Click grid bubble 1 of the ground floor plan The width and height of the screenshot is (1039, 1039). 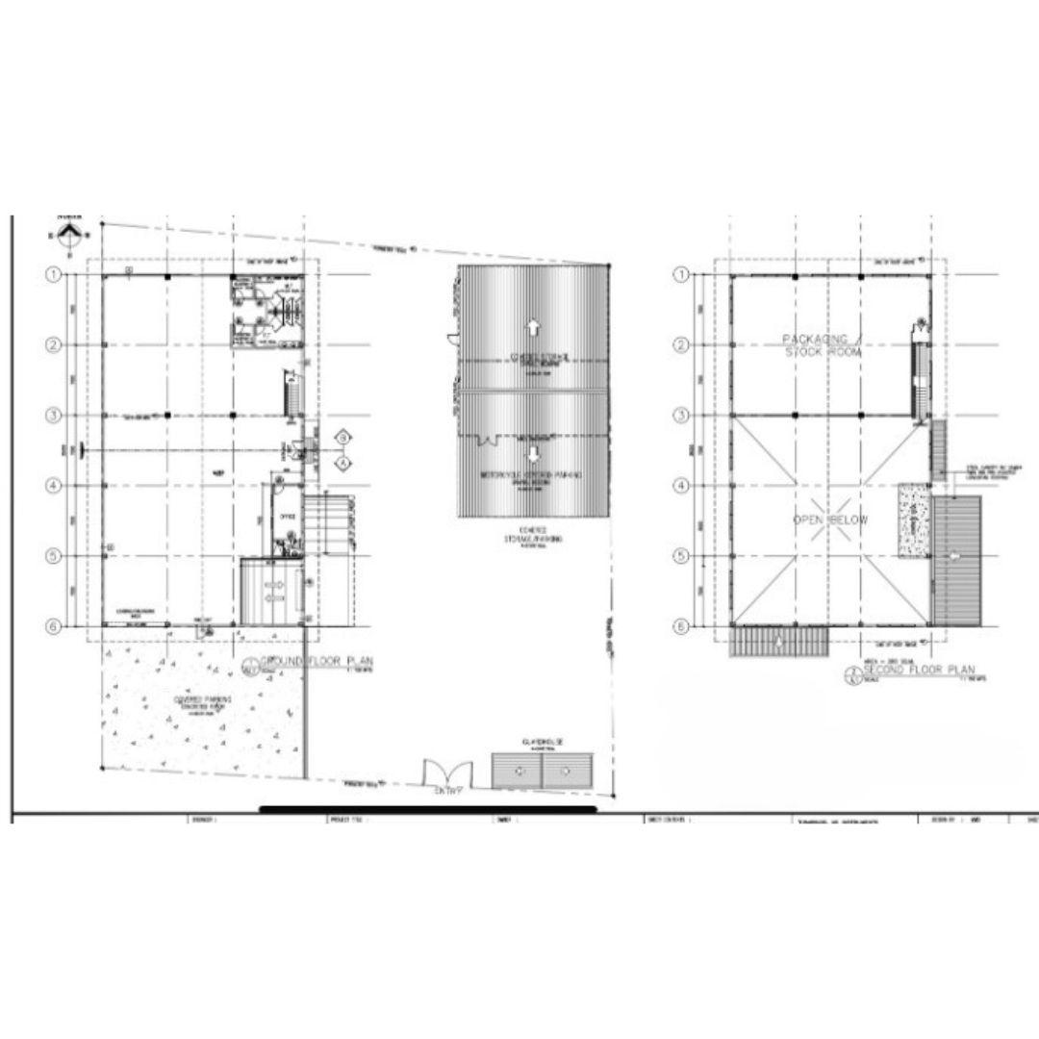(55, 274)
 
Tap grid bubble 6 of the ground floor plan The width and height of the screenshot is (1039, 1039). (55, 625)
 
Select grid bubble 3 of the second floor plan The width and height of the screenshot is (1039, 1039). (681, 416)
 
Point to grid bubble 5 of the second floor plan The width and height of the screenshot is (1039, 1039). (681, 555)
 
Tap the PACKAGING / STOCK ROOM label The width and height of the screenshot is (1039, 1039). (821, 345)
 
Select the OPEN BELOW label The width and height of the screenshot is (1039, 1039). (829, 520)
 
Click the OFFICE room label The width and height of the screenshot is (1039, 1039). (286, 517)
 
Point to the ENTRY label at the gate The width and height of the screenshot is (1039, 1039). (448, 791)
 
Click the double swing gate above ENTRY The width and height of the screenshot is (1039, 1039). (447, 771)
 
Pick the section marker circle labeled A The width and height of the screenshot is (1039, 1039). (342, 463)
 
